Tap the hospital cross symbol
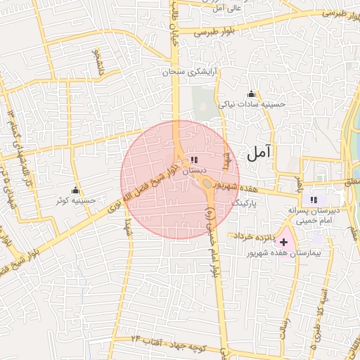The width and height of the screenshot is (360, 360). point(284,242)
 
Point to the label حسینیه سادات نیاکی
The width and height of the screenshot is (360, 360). point(252,104)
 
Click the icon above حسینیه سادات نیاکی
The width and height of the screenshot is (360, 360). point(252,94)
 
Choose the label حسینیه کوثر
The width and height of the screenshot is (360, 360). point(76,200)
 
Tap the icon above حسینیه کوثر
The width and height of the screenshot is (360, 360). point(76,191)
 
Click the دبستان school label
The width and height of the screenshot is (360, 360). point(194,171)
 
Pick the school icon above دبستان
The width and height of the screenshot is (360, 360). point(194,161)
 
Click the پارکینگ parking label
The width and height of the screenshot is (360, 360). point(245,202)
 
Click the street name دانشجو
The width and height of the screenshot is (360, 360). point(99,63)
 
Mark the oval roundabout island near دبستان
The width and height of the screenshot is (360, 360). point(207,184)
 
